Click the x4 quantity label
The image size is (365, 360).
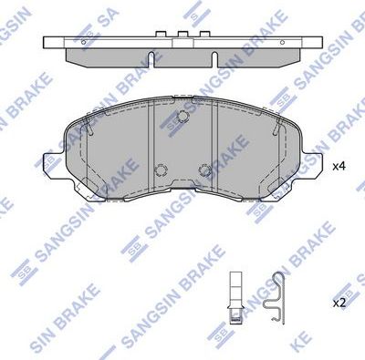point(339,166)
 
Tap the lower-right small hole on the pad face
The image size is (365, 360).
point(204,170)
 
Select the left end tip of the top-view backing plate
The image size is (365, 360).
point(47,41)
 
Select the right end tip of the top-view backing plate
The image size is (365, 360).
point(320,41)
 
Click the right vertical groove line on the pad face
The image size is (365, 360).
point(214,146)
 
